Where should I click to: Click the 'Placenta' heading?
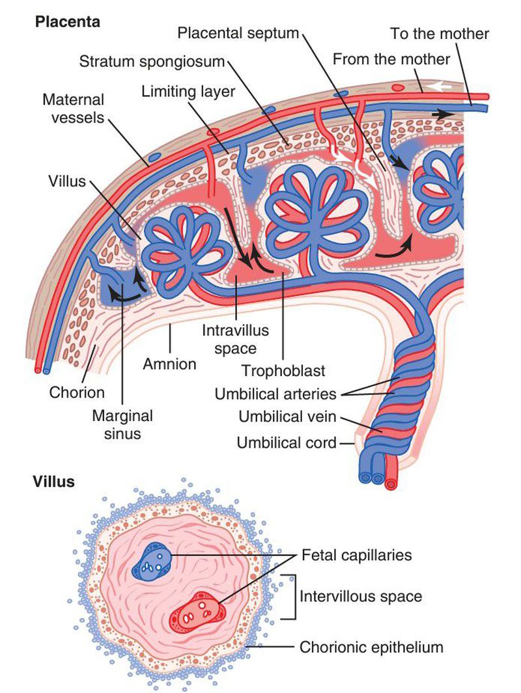pos(68,21)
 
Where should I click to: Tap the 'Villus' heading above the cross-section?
pos(55,482)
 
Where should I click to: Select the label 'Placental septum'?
pos(238,33)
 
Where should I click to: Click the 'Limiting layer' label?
pos(188,92)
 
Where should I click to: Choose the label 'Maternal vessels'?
pos(73,109)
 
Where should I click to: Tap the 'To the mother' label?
pos(440,33)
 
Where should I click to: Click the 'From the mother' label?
pos(391,59)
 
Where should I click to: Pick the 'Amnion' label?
pos(169,364)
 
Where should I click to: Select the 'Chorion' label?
pos(77,392)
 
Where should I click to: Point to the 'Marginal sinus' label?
pos(122,424)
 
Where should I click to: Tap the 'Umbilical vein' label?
pos(287,416)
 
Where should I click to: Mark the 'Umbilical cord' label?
pos(287,443)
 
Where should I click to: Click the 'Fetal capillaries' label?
pos(357,555)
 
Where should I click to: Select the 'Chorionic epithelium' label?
pos(371,647)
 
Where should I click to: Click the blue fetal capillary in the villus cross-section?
pos(152,561)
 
